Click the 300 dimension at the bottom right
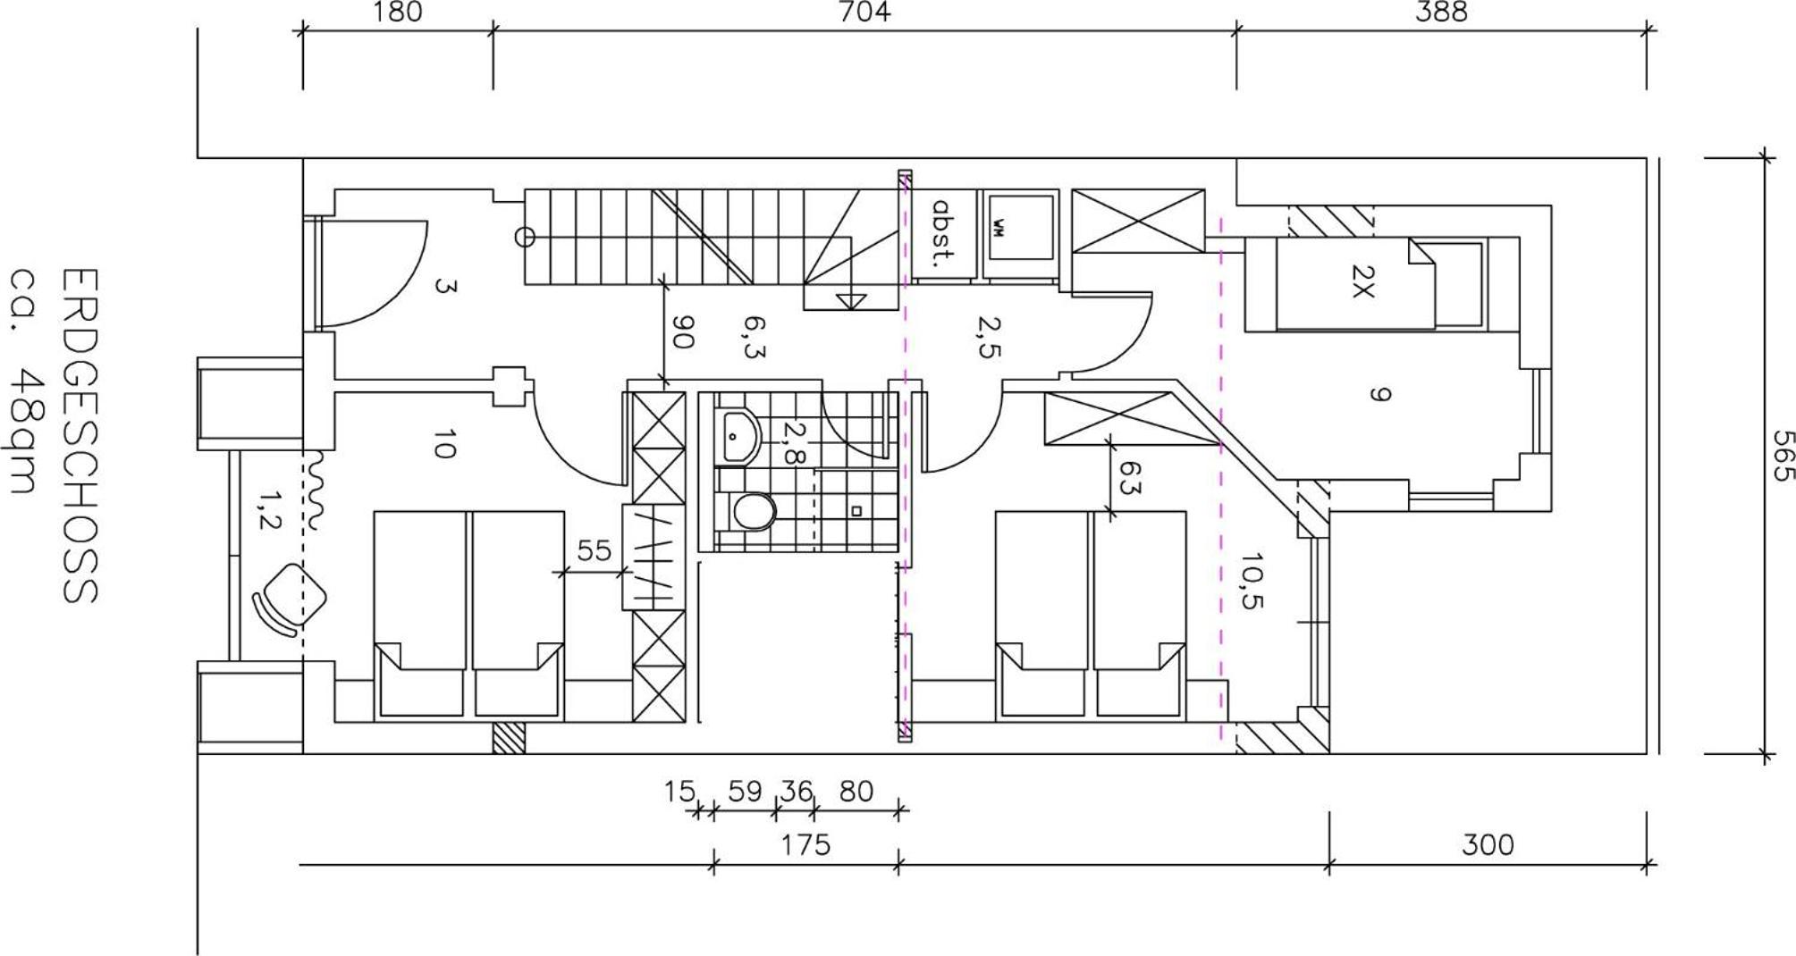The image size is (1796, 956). tap(1488, 844)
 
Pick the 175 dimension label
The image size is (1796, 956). tap(805, 844)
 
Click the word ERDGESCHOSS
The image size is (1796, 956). tap(79, 436)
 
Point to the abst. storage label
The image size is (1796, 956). tap(941, 233)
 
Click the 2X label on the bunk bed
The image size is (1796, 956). tap(1362, 281)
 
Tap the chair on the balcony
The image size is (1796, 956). tap(290, 599)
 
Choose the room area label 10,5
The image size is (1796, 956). tap(1252, 580)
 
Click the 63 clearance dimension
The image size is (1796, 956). tap(1130, 489)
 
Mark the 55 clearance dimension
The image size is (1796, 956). tap(594, 551)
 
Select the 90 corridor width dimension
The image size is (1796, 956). tap(683, 332)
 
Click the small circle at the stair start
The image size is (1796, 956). tap(526, 237)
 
